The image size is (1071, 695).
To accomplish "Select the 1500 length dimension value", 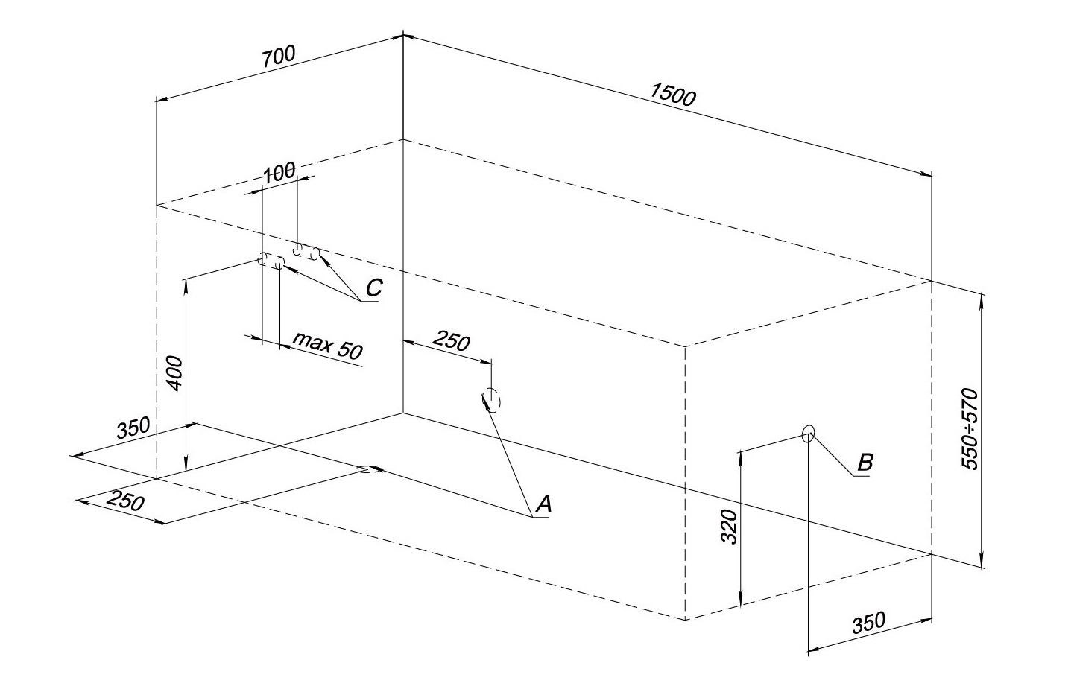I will [x=672, y=95].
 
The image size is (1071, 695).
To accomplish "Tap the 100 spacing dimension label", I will [x=279, y=173].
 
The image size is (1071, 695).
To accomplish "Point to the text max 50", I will [x=328, y=345].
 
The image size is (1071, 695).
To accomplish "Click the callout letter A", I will [x=544, y=505].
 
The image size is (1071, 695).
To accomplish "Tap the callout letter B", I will [x=865, y=463].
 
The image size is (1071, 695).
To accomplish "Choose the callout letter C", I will [x=374, y=288].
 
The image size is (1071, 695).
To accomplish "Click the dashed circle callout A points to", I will [x=492, y=401].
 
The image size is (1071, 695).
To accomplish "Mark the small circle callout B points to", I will [x=809, y=434].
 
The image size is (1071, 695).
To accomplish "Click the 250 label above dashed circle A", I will [x=452, y=341].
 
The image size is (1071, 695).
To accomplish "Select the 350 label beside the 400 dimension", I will [x=133, y=428].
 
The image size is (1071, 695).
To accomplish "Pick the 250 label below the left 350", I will [x=124, y=501].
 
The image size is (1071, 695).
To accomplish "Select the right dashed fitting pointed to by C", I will [x=306, y=252].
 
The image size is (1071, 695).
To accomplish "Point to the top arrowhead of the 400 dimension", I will [x=186, y=282].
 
